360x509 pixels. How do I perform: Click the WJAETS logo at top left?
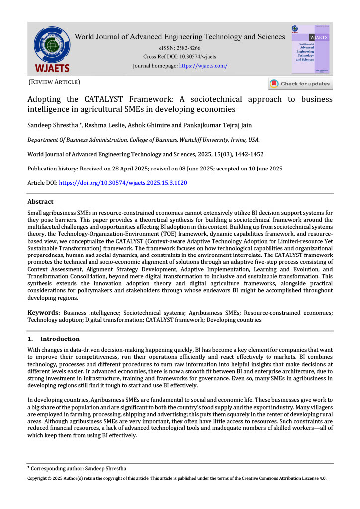52,49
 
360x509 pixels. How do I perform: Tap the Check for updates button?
300,84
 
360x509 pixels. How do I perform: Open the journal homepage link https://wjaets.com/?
203,66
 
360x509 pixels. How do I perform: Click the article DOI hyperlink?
123,183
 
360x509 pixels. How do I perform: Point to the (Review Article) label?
54,81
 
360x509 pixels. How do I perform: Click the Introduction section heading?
60,339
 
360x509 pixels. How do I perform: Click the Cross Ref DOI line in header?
180,57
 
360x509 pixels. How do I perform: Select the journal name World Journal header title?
180,37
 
